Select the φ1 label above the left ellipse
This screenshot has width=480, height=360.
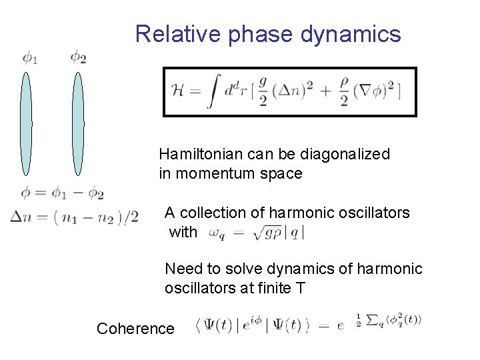click(x=31, y=57)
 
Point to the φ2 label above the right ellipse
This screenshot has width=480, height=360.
click(x=79, y=57)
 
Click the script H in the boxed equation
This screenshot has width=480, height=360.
click(x=177, y=91)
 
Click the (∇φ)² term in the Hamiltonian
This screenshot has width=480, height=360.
click(x=376, y=91)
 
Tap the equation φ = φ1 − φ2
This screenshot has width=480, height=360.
click(x=62, y=194)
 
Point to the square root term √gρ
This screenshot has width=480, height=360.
click(x=268, y=233)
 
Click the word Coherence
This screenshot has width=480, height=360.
click(x=135, y=329)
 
